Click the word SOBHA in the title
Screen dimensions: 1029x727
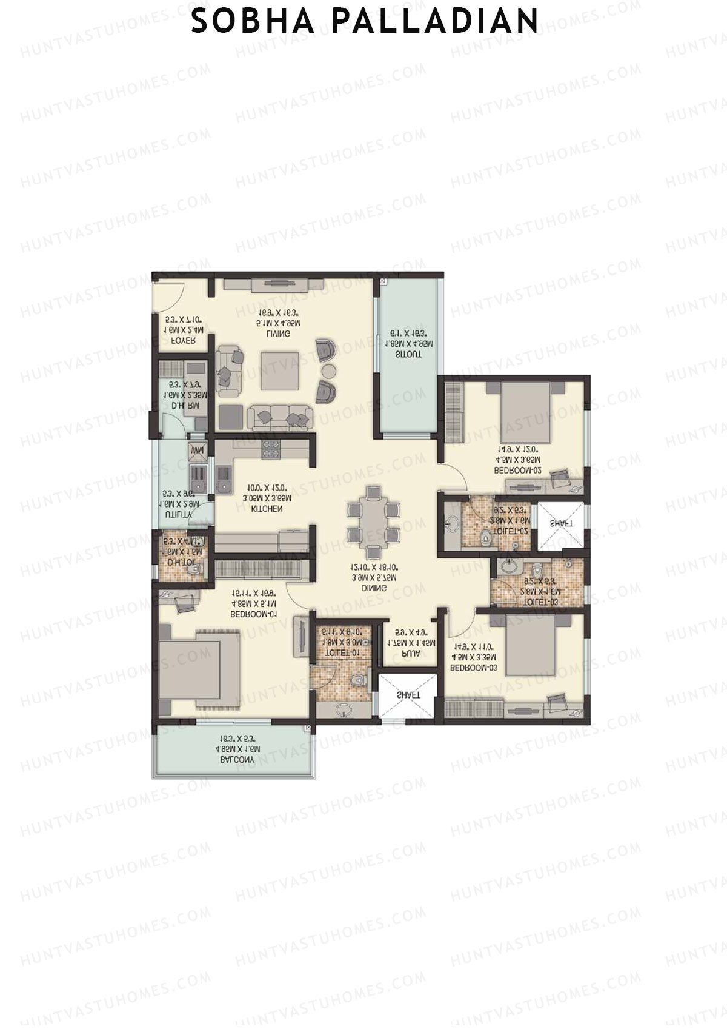pos(253,21)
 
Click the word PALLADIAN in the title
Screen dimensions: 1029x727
pos(435,21)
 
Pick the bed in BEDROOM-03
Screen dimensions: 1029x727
pos(529,647)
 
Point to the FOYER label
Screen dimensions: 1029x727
pos(182,341)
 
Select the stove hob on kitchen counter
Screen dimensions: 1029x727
pos(270,449)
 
